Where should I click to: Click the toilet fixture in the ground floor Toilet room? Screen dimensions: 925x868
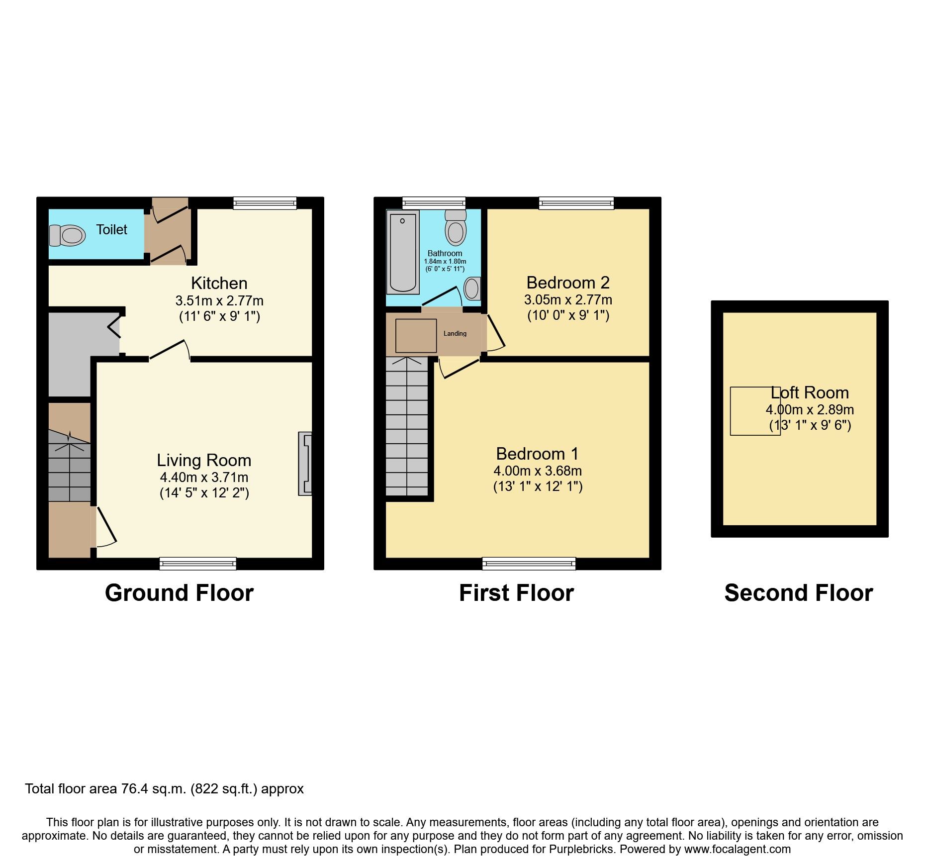point(67,235)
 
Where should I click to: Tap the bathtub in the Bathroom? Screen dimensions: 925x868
point(403,252)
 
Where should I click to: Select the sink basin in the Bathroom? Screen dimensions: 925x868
point(472,289)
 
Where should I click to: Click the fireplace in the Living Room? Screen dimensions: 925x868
point(305,464)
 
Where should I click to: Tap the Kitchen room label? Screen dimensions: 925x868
point(219,283)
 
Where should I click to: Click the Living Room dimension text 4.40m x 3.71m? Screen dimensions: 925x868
point(204,478)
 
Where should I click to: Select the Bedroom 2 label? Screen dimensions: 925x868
point(568,283)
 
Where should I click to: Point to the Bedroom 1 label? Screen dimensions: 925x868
point(538,454)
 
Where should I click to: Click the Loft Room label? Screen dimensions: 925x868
point(810,393)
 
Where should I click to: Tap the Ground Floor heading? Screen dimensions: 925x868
point(180,593)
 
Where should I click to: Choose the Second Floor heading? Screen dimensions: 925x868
point(799,593)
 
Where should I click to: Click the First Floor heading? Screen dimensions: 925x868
point(517,593)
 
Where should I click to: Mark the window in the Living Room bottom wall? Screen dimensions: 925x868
point(198,564)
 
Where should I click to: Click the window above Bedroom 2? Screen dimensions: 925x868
point(576,203)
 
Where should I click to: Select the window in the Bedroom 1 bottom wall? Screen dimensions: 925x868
point(529,564)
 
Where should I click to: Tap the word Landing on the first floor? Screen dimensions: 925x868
point(455,334)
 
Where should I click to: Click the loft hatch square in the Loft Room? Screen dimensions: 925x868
point(755,411)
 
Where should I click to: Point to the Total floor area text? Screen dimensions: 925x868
point(165,789)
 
